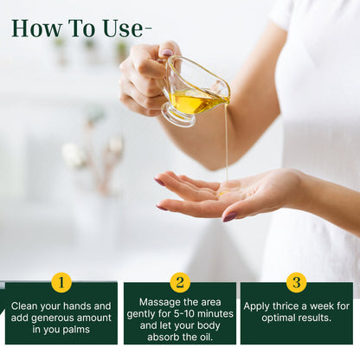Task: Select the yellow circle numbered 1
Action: click(61, 282)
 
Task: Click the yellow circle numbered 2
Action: click(179, 282)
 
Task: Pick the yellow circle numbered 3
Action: click(296, 282)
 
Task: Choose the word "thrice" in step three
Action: click(292, 305)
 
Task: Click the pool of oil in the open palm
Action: click(228, 192)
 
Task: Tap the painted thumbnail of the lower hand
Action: click(229, 216)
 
